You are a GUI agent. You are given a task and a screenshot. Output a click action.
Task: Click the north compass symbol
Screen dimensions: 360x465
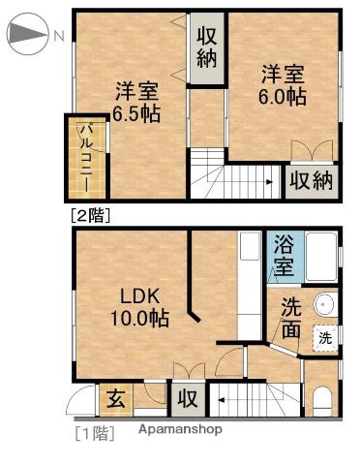(28, 34)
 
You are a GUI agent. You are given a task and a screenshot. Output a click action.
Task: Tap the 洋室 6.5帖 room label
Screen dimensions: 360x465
(136, 102)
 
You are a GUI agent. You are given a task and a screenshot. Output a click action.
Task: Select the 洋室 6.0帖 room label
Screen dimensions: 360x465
(283, 85)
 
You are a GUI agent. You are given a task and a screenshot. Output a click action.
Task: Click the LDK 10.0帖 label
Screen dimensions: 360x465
(139, 307)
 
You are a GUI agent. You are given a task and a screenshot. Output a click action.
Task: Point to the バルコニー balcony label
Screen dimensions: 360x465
(86, 158)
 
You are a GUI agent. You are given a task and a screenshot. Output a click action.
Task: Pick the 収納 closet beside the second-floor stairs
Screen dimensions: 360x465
(311, 181)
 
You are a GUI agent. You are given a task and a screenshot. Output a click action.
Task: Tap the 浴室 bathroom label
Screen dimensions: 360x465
(285, 256)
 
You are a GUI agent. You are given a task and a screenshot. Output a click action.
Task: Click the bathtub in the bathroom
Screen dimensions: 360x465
(321, 257)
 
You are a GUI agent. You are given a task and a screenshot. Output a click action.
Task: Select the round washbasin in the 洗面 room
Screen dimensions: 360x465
(324, 304)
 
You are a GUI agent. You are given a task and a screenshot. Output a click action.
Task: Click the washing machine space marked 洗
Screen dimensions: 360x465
(325, 338)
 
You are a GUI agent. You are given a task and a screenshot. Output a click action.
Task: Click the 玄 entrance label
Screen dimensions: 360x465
(116, 399)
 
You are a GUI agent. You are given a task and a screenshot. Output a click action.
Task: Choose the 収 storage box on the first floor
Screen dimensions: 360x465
(188, 399)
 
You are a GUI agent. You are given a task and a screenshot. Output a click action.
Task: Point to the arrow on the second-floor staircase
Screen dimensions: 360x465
(268, 182)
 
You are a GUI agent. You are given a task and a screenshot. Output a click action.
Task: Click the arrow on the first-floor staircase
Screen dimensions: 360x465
(222, 400)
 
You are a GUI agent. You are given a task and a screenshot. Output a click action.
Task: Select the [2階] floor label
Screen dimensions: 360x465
(91, 215)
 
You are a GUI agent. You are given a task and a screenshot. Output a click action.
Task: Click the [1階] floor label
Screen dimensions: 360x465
(95, 433)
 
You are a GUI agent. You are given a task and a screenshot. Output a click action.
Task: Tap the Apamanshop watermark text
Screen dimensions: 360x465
(181, 429)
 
